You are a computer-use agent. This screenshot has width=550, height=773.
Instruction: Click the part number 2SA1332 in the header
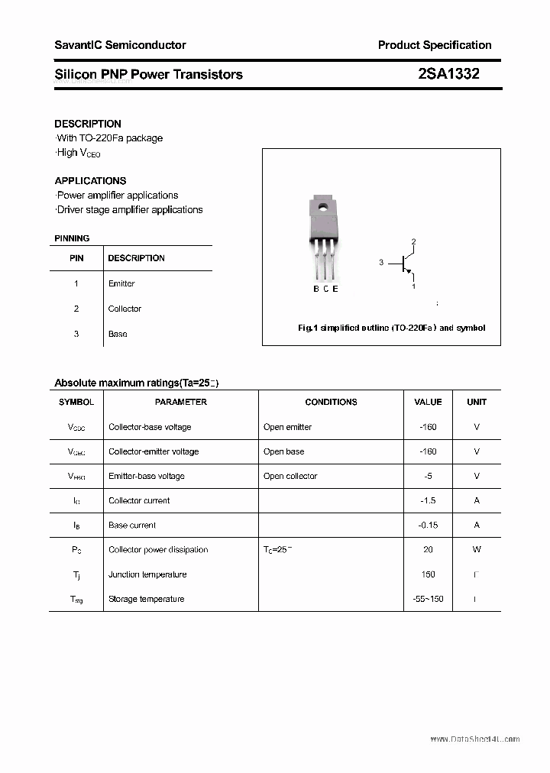pos(448,74)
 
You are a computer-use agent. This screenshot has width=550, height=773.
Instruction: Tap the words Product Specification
pos(435,45)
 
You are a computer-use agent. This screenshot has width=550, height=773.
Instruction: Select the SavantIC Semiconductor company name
pos(120,45)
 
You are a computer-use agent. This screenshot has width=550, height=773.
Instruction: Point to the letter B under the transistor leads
pos(316,289)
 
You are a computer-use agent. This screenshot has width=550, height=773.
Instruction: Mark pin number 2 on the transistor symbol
pos(413,242)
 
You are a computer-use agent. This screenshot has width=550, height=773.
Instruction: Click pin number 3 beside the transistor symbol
pos(380,263)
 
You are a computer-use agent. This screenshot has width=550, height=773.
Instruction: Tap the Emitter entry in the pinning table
pos(121,283)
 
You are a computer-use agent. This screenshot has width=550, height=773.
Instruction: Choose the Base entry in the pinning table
pos(118,334)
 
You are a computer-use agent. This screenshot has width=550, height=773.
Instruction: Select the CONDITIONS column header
pos(331,402)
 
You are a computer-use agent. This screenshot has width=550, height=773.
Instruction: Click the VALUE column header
pos(428,402)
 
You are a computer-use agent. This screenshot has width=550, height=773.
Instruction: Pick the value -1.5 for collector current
pos(428,500)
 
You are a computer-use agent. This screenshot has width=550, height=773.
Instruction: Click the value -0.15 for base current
pos(428,525)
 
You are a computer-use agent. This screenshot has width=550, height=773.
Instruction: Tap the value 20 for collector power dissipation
pos(428,549)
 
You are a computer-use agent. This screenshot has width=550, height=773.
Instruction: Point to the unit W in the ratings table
pos(477,549)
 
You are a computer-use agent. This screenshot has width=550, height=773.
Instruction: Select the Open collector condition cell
pos(290,476)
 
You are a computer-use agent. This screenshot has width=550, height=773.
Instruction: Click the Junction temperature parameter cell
pos(147,574)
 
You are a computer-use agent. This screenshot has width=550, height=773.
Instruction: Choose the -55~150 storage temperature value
pos(428,599)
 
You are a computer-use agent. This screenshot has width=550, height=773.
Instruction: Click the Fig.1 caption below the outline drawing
pos(391,328)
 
